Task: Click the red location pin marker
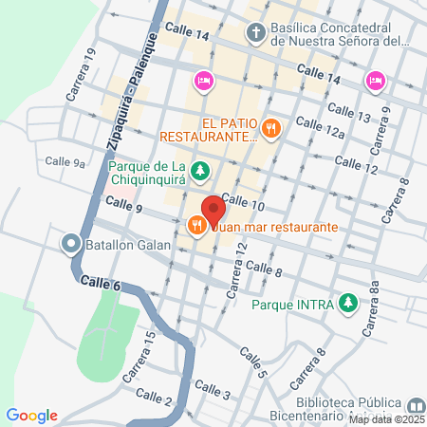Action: [x=213, y=209]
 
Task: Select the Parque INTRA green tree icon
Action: [x=349, y=305]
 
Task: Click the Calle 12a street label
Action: [x=320, y=128]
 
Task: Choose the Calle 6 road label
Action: [x=101, y=282]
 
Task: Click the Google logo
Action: [x=32, y=415]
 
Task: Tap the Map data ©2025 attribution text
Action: [x=386, y=419]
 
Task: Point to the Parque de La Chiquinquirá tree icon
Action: [x=200, y=172]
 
